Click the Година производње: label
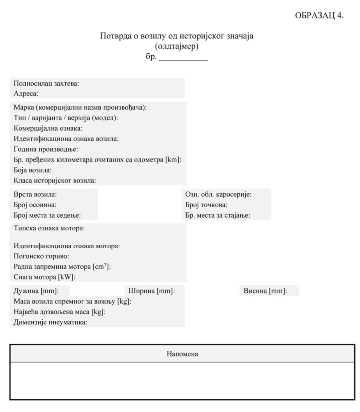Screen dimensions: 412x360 46,149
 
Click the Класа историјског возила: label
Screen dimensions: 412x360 55,180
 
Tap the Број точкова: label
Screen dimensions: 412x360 206,205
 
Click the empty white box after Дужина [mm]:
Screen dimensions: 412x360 96,290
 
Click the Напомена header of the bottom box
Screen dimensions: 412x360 182,354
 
